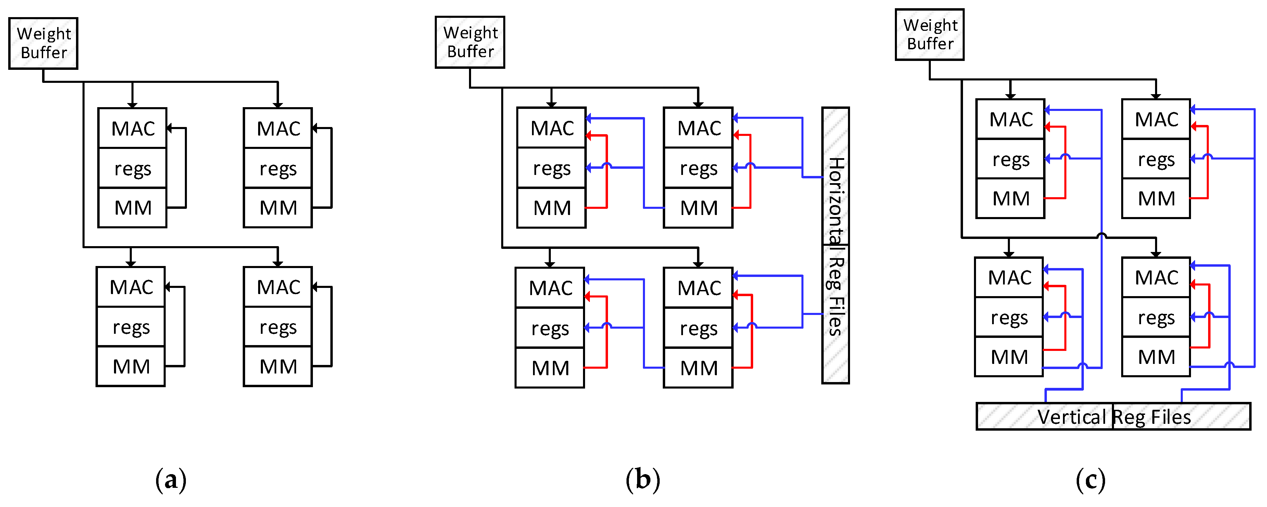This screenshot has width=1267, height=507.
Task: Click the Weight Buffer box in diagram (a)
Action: [43, 43]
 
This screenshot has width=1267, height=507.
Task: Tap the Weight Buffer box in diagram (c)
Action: [929, 35]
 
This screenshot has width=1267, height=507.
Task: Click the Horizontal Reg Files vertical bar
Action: [835, 246]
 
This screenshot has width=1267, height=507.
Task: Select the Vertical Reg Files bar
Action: [1113, 417]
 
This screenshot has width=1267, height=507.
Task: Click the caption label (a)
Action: [171, 480]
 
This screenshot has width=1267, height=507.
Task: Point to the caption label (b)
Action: [642, 480]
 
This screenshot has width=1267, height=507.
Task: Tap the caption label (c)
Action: [1090, 480]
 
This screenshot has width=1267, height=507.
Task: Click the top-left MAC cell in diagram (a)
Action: [132, 128]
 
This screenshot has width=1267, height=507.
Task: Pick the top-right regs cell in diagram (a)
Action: [278, 168]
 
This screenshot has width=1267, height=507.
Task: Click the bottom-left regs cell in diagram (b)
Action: [550, 328]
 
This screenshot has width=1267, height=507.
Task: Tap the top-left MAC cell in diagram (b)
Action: [552, 128]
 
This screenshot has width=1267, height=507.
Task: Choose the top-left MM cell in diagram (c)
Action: [1010, 199]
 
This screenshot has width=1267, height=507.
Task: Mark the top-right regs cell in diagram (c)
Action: [1156, 159]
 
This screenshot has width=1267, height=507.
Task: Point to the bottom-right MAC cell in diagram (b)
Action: [698, 288]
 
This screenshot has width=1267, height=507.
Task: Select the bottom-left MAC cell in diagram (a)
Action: [131, 287]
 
